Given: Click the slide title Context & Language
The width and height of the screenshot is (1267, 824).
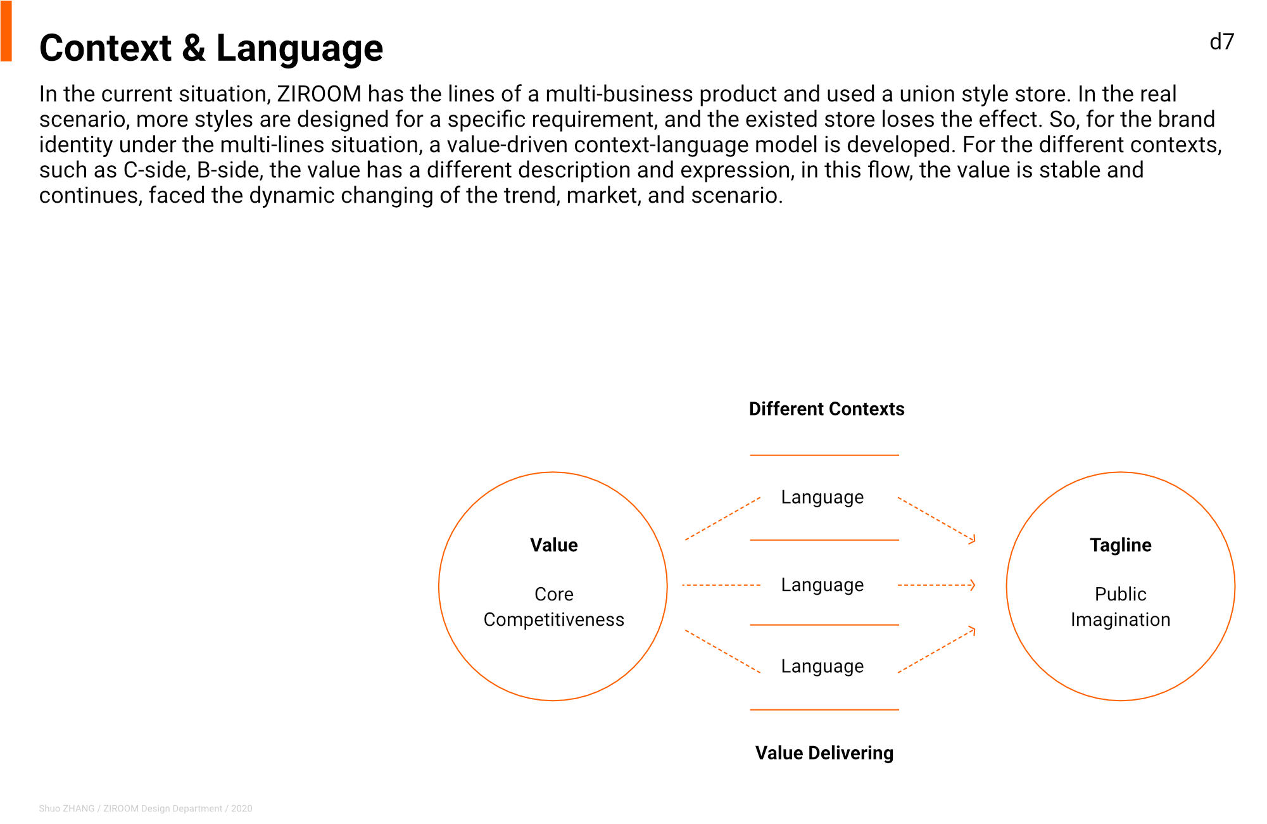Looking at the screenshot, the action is coord(211,48).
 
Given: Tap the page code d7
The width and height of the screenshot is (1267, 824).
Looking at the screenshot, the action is coord(1221,42).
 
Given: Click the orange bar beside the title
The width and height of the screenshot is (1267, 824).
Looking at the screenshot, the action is coord(6,31).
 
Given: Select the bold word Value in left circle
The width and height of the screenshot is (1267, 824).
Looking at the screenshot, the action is coord(553,545).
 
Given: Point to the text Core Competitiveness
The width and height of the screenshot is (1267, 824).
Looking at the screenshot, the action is coord(553,607).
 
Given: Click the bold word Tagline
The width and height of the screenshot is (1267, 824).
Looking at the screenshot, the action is coord(1120,545).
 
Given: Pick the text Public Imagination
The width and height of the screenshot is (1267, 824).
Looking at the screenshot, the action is coord(1120,607).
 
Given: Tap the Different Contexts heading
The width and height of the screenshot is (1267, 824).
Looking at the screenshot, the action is coord(826,409).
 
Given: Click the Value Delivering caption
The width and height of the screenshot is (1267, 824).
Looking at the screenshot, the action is coord(824,752).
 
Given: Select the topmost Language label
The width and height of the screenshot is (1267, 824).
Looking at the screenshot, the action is coord(822,498).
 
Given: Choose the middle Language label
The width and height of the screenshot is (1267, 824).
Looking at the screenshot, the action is coord(822,585).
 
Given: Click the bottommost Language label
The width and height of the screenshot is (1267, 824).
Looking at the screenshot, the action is coord(822,666).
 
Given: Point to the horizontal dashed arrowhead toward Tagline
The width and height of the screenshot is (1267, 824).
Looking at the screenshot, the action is coord(972,585).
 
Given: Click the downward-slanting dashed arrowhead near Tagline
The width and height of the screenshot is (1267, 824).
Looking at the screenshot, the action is coord(971,539).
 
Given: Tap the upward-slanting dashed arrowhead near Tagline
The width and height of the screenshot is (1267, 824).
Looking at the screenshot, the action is coord(971,630).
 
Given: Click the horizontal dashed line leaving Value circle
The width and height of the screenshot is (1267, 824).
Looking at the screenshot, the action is coord(721,585).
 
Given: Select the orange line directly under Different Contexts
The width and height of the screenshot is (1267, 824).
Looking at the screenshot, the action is coord(824,455).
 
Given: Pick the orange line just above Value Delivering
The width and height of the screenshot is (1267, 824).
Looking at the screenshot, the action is coord(824,709).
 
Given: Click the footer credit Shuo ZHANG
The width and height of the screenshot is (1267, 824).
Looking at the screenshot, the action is coord(66,808).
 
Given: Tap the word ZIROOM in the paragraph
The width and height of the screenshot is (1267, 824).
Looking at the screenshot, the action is coord(319,94).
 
